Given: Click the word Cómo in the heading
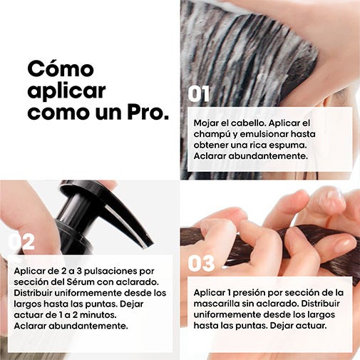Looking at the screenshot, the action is (x=61, y=68).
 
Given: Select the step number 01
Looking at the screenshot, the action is (x=199, y=94).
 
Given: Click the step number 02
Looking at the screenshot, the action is (x=21, y=242).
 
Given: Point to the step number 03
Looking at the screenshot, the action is (x=201, y=263).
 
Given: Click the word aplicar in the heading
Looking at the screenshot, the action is (x=67, y=91).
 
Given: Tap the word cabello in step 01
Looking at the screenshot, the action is (x=249, y=123).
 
